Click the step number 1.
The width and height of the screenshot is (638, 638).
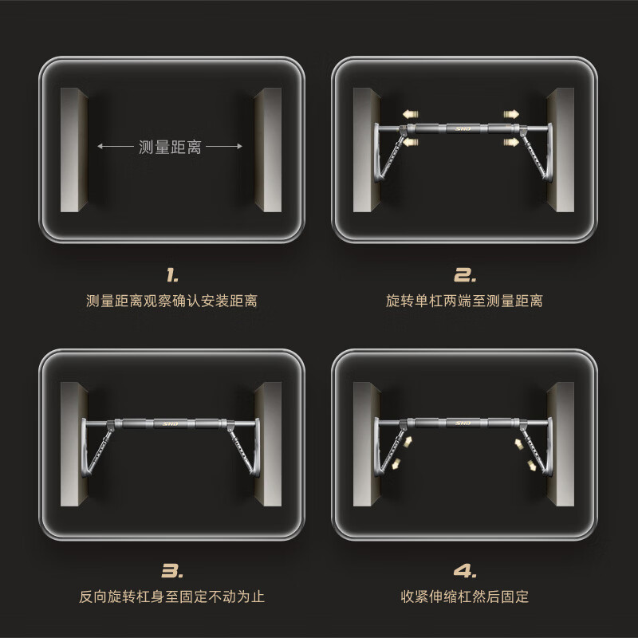coord(172,276)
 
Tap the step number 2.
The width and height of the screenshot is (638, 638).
coord(465,276)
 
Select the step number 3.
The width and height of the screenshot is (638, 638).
coord(172,570)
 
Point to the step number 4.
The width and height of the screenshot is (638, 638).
coord(465,570)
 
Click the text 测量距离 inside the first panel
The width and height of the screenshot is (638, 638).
coord(170,147)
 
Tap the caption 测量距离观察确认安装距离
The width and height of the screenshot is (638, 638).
coord(172,301)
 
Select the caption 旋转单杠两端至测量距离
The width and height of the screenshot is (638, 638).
coord(465,301)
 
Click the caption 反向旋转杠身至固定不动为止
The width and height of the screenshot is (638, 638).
coord(172,596)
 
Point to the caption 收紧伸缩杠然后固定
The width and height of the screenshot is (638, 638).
coord(465,596)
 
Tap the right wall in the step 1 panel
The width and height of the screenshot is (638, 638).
coord(268,149)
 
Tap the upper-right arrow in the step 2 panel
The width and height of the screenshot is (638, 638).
coord(510,113)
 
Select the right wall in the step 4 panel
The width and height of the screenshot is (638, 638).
coord(560,444)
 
